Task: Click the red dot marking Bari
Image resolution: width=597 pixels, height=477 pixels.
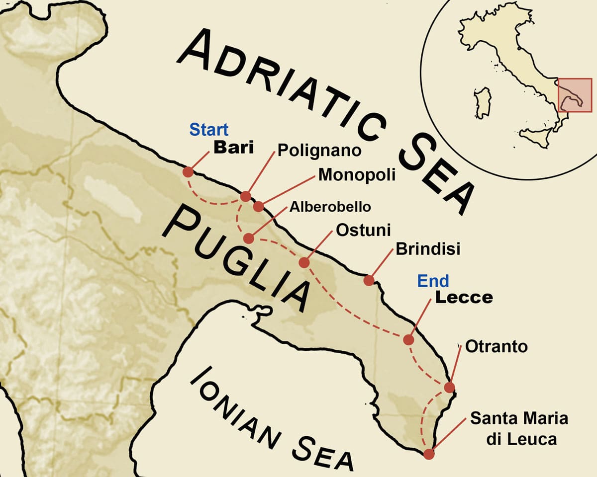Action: (188, 172)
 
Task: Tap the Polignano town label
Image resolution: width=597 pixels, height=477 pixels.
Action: (319, 150)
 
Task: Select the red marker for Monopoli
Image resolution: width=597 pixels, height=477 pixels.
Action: (258, 206)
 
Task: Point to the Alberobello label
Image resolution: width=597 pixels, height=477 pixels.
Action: (330, 206)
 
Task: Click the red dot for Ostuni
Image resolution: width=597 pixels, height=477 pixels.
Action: (304, 262)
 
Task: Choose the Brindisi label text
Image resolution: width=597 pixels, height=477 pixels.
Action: (428, 249)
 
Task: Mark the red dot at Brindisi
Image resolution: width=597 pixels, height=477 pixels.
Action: (369, 280)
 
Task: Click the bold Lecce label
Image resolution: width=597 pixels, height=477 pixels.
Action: (464, 297)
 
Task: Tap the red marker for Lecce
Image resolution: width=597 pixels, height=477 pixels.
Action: (408, 340)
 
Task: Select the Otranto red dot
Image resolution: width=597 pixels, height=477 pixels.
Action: (449, 388)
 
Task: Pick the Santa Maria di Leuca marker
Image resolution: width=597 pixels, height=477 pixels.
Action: (429, 453)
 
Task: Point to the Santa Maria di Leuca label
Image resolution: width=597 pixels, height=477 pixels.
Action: (519, 428)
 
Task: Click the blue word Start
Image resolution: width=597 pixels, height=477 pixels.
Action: (208, 130)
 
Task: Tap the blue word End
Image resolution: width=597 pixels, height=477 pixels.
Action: (433, 281)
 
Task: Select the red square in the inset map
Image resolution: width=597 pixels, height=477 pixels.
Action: (575, 95)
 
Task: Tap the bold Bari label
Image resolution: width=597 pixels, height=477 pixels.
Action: (233, 148)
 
